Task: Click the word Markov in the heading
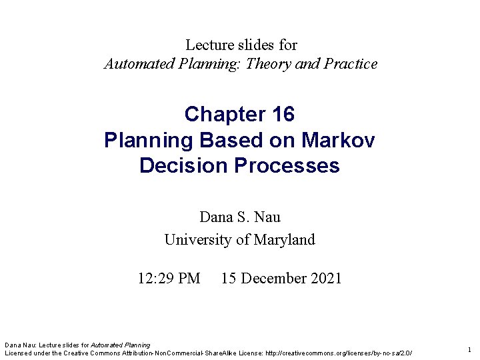339,140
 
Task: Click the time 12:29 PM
169,278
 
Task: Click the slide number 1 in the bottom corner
469,349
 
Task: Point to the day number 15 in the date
229,278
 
